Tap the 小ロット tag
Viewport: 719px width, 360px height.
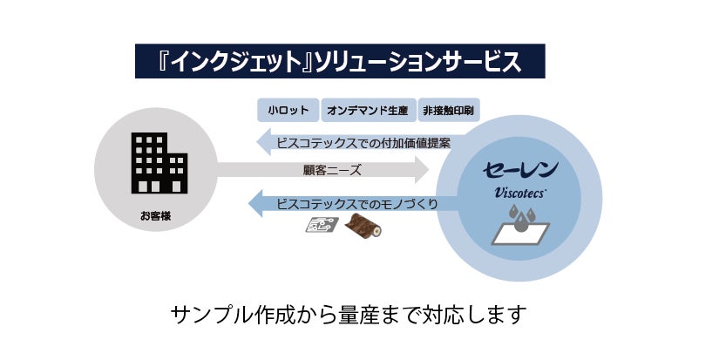point(288,111)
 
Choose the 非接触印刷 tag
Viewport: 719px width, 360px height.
point(449,111)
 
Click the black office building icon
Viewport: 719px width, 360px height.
point(159,163)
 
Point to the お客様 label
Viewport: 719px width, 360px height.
point(155,215)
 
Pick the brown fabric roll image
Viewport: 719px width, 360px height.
point(360,227)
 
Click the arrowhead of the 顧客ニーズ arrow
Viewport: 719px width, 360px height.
point(423,170)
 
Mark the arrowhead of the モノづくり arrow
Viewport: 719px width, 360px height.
point(257,204)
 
